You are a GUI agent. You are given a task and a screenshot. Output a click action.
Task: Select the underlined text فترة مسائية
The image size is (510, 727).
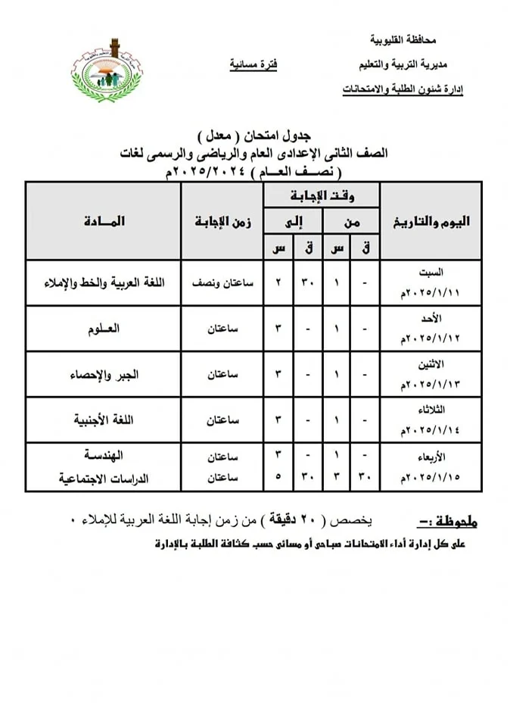[x=253, y=65]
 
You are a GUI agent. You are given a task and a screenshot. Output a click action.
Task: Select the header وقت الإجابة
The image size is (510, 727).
[x=323, y=197]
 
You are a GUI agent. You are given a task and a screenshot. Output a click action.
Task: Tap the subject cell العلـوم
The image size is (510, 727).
[x=105, y=329]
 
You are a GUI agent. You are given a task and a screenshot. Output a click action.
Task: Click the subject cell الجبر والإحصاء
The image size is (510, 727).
[x=105, y=375]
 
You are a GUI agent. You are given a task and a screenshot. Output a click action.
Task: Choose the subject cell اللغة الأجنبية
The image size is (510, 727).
[x=105, y=420]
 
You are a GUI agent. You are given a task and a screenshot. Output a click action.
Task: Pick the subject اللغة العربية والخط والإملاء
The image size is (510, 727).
[x=105, y=283]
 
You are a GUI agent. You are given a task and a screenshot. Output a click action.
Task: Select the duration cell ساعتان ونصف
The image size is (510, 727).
[x=224, y=283]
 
